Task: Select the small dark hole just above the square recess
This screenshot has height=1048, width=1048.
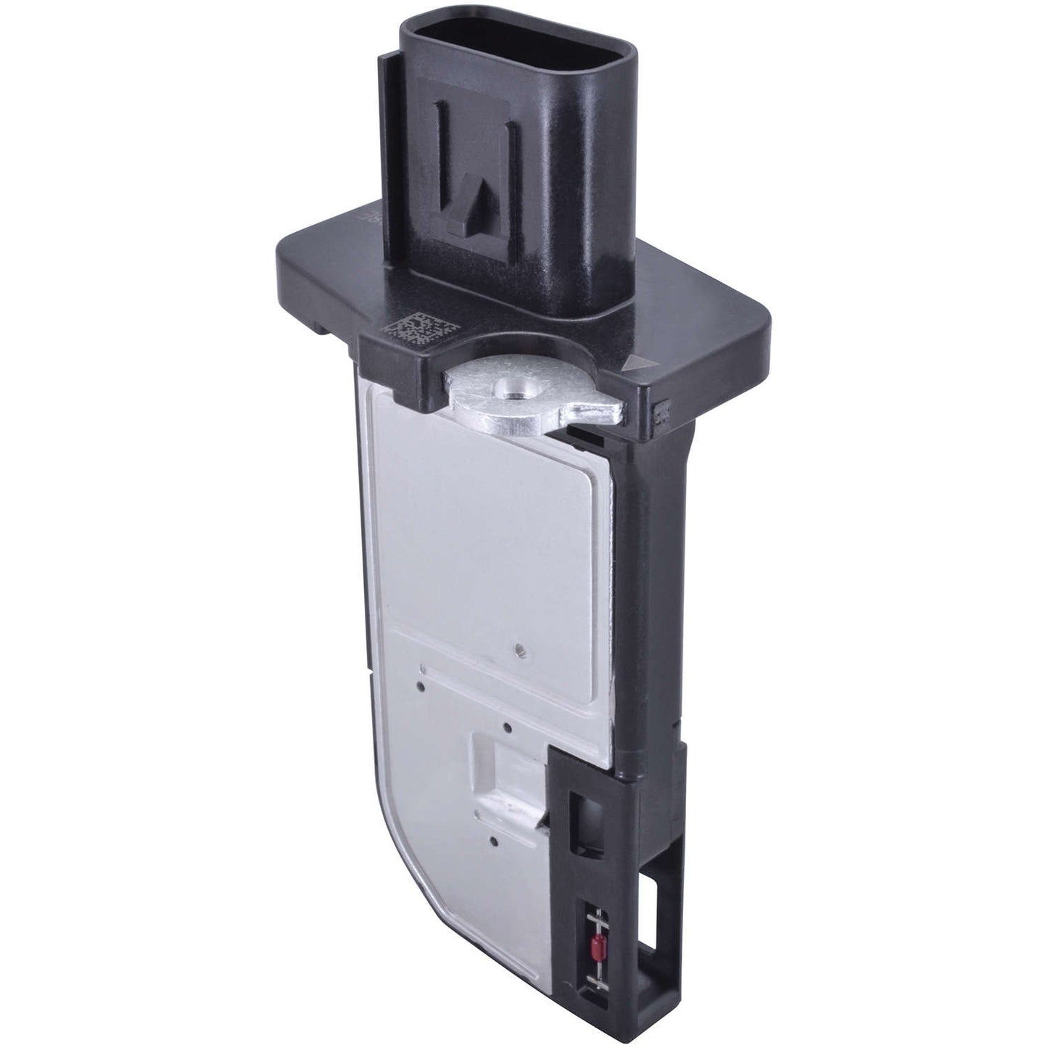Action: point(507,727)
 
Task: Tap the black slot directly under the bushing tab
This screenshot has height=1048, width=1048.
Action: point(587,434)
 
